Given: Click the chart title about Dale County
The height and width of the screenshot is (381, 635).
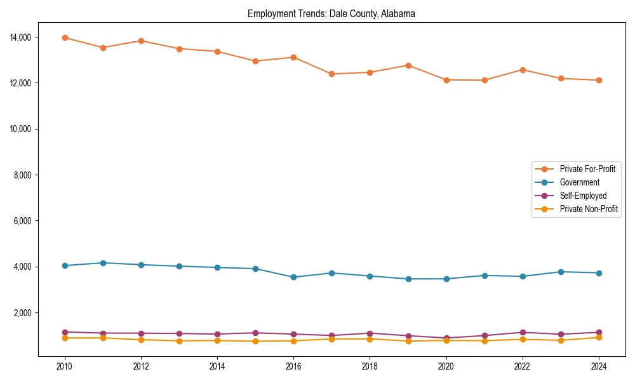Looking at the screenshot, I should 331,14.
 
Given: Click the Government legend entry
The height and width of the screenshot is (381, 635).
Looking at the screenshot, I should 579,182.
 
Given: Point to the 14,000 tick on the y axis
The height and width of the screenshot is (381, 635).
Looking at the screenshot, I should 21,37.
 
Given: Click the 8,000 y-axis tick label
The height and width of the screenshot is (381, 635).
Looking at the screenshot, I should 23,175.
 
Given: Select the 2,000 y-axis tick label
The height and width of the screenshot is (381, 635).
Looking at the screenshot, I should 23,313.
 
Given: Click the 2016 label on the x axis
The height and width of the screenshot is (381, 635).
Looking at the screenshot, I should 293,366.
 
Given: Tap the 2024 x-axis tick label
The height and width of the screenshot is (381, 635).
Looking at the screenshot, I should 599,366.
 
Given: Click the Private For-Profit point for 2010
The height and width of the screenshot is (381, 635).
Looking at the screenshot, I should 65,37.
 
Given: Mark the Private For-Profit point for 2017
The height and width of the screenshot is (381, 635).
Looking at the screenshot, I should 331,74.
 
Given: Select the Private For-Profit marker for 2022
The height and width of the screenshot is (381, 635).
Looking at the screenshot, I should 523,70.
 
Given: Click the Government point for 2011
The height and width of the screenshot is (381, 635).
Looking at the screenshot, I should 103,263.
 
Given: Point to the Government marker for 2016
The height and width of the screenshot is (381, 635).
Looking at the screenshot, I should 293,277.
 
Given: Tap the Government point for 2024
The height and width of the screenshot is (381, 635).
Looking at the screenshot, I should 599,273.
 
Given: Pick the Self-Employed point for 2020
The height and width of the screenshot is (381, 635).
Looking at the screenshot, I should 446,338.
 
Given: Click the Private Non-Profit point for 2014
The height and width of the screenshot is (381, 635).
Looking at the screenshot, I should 217,340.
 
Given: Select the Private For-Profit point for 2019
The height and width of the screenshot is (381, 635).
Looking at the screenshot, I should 408,65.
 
